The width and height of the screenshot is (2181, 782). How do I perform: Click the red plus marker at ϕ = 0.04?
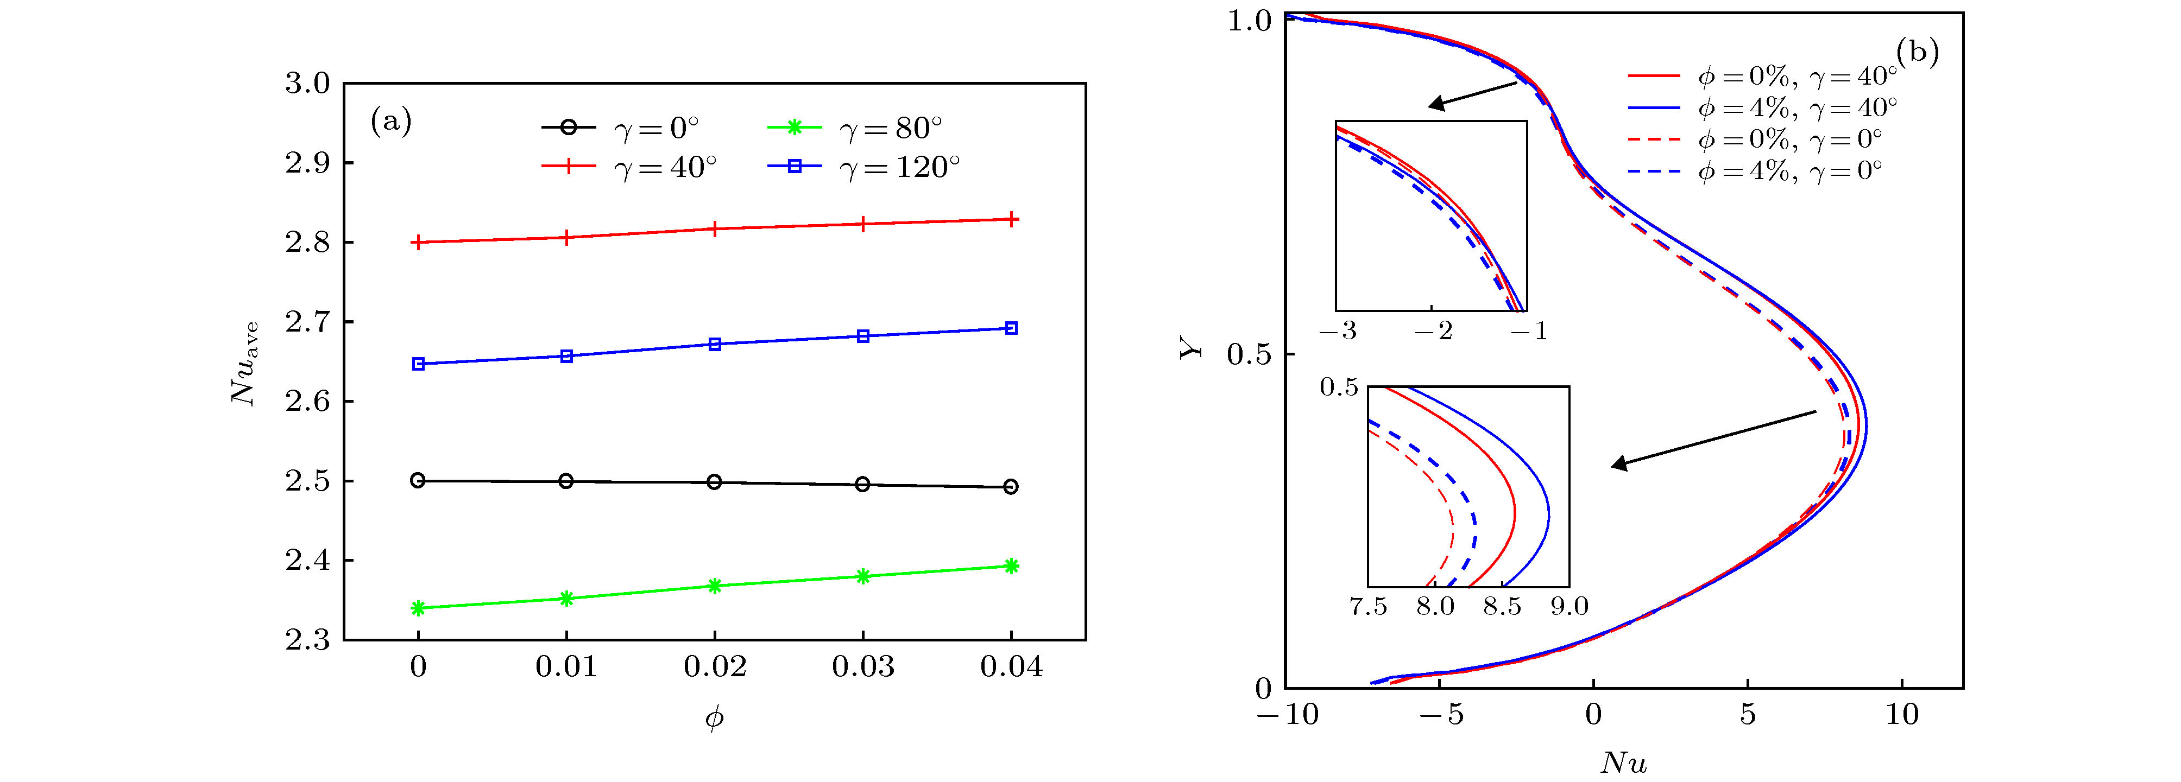pos(1011,219)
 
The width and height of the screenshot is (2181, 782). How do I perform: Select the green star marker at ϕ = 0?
pos(418,608)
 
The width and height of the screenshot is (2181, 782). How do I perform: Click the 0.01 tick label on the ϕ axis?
pos(565,667)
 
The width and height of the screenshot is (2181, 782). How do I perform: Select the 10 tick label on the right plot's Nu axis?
pos(1902,715)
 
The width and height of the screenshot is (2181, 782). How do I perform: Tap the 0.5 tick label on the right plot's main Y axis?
pos(1250,354)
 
